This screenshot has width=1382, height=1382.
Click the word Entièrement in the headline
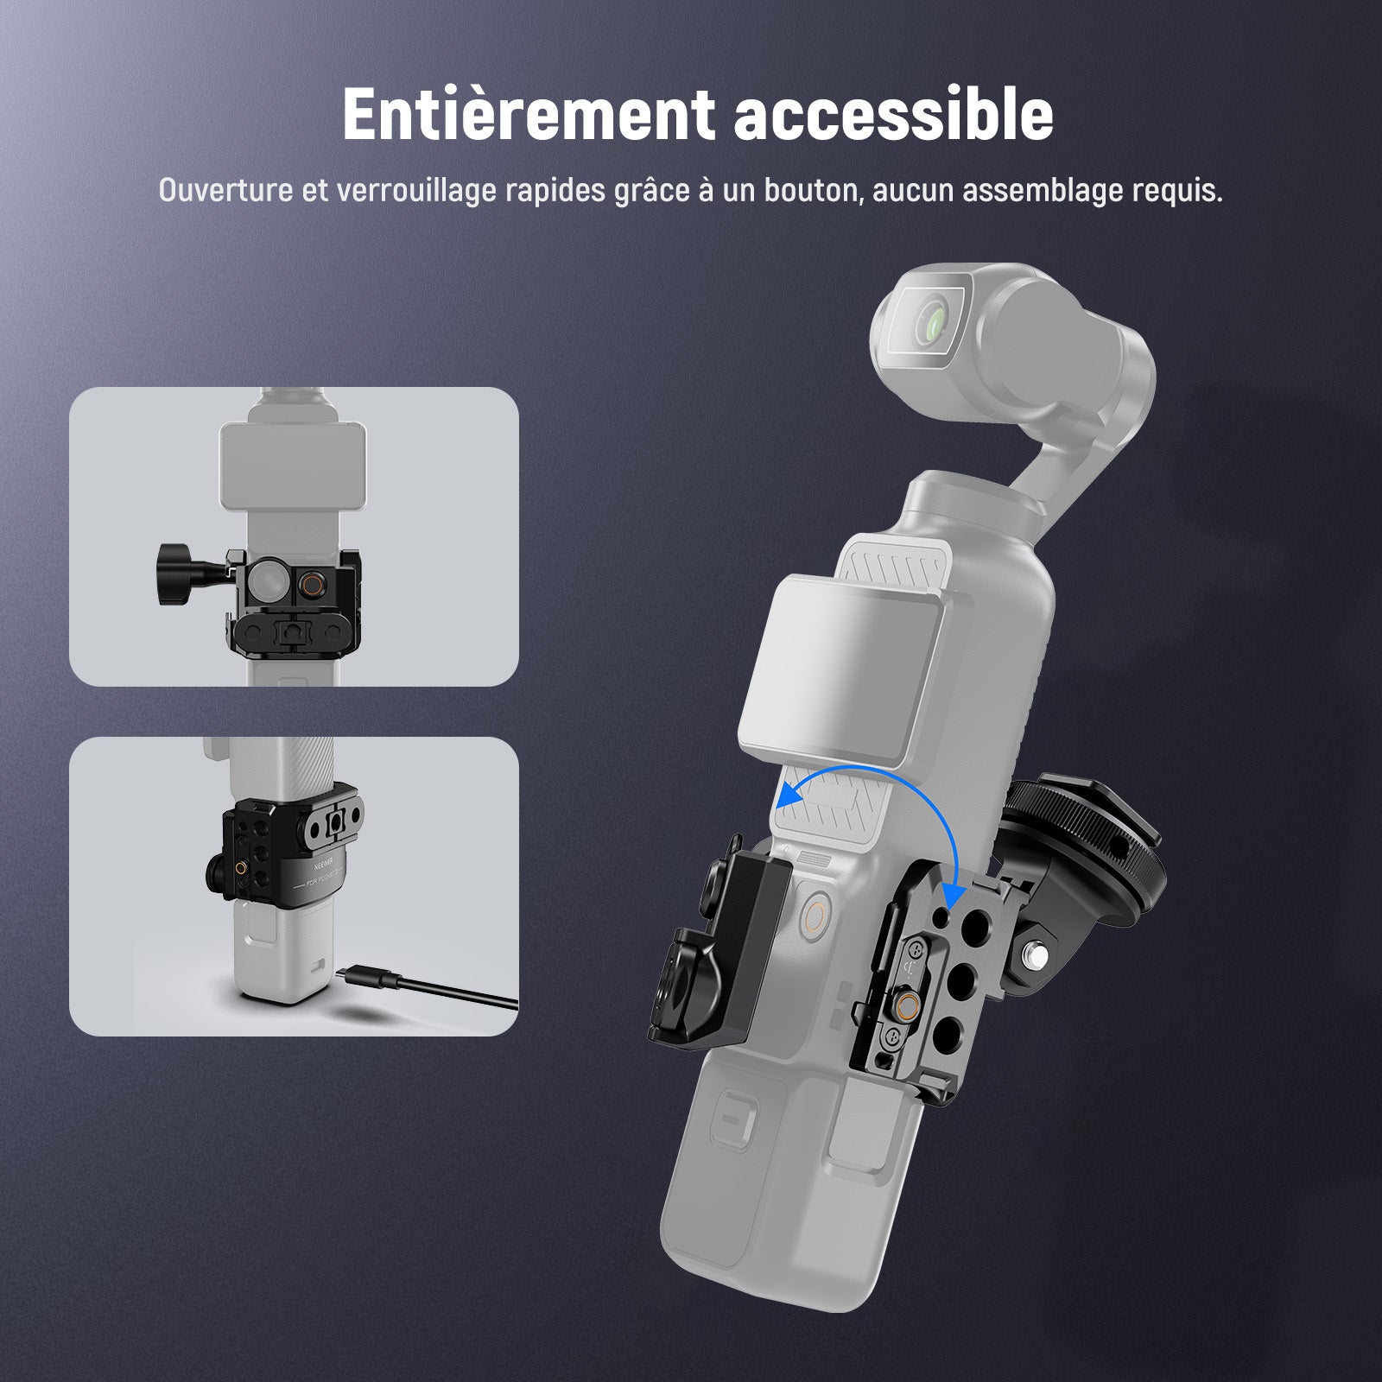click(528, 114)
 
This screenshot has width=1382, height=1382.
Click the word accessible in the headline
click(894, 116)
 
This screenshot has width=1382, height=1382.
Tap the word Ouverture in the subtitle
click(226, 191)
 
